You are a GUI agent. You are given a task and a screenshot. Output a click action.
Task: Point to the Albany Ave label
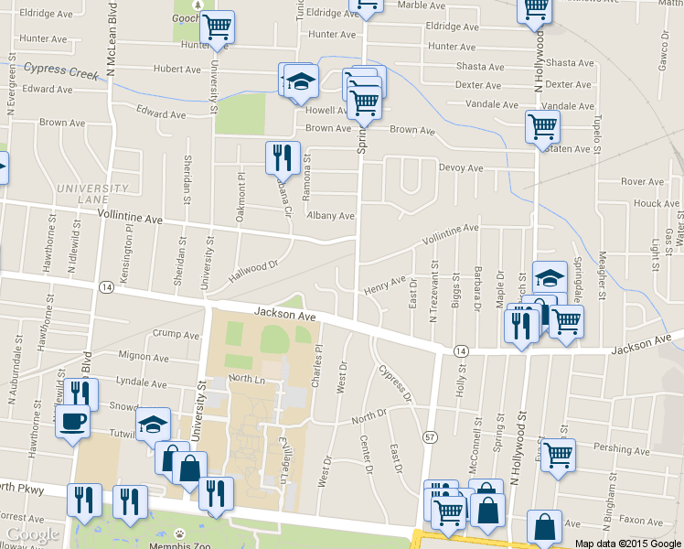(x=331, y=216)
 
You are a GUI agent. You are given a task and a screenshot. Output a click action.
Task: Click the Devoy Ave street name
(x=461, y=168)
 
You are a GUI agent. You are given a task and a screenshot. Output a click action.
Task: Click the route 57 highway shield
(x=429, y=437)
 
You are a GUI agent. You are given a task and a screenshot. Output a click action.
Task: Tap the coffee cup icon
(x=73, y=422)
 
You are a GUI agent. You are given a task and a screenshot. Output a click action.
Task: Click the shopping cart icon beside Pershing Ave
(x=558, y=453)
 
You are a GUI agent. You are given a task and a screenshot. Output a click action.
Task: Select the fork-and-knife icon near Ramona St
(x=283, y=156)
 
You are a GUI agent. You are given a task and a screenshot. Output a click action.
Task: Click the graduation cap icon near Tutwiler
(x=153, y=423)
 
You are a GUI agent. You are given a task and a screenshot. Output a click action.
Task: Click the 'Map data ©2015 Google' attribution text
(x=628, y=543)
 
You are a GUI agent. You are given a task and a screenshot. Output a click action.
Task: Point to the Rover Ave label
(x=642, y=182)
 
